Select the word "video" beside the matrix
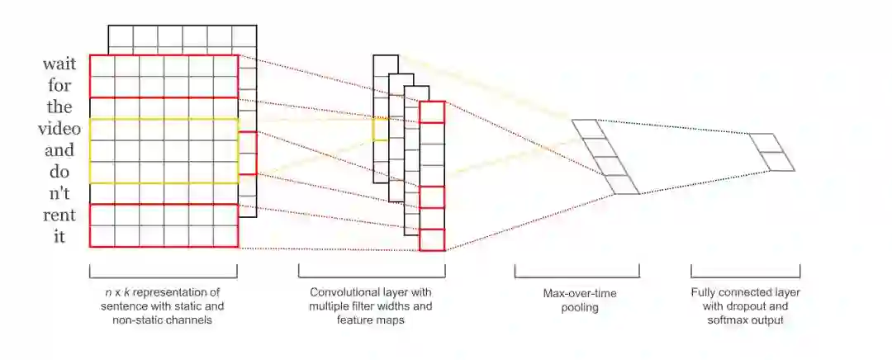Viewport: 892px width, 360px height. click(x=59, y=129)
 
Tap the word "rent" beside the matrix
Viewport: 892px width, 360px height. click(x=61, y=216)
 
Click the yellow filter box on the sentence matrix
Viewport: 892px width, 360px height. click(x=164, y=150)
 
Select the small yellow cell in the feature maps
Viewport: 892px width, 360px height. click(x=380, y=130)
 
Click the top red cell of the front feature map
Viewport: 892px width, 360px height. click(x=432, y=112)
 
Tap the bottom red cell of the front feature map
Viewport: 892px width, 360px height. click(x=432, y=239)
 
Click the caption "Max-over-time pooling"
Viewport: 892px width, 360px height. click(x=576, y=301)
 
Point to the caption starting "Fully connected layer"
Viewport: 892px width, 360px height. click(x=745, y=306)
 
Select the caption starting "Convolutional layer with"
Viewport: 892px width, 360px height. click(x=371, y=306)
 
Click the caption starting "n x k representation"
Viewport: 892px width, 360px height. click(x=163, y=306)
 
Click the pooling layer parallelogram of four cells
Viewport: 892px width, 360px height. click(x=605, y=157)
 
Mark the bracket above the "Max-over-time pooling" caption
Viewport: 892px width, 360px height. click(x=576, y=271)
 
